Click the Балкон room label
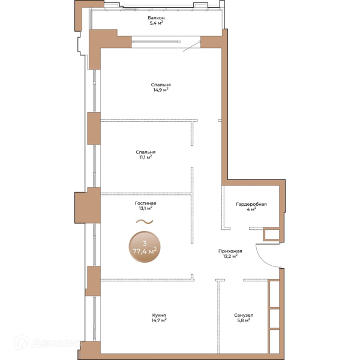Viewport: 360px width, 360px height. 156,17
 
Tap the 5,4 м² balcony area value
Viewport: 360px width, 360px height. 157,23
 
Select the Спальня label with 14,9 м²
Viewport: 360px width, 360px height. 161,85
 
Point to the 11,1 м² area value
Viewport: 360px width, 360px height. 146,157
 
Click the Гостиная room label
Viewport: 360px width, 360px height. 145,203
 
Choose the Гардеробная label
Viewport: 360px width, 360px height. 251,204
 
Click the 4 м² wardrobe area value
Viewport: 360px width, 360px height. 251,209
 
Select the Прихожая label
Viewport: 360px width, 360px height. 230,251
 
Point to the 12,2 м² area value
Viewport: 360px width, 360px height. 230,256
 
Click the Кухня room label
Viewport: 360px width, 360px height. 159,315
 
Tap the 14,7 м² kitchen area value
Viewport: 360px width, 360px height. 159,320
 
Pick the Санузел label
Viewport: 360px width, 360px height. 244,315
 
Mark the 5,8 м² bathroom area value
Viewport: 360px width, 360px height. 244,320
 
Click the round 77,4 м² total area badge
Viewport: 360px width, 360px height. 145,247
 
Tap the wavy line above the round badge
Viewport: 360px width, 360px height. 145,221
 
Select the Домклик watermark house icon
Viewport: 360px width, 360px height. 22,343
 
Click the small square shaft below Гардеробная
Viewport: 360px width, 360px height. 271,234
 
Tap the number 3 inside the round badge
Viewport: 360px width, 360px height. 145,244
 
